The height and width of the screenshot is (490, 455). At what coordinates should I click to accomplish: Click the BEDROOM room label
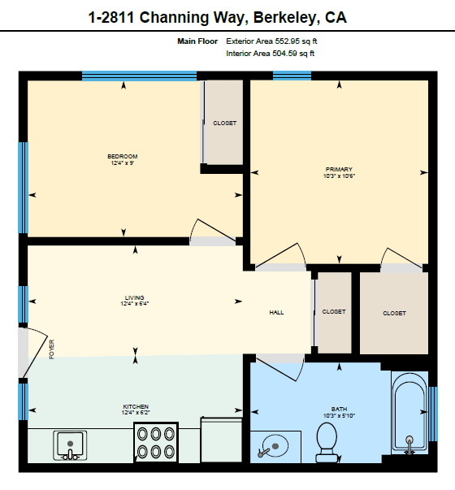(123, 156)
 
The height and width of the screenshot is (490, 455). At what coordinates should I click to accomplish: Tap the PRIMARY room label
(339, 169)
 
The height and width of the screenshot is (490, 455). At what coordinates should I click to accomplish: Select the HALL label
(276, 312)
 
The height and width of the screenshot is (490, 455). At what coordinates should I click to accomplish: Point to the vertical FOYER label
(52, 349)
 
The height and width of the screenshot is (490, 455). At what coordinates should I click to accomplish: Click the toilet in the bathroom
(327, 442)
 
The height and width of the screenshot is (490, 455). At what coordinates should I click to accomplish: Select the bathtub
(409, 413)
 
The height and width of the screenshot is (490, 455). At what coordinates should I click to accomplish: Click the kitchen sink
(70, 445)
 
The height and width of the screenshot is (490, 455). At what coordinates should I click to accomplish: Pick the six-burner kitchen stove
(156, 443)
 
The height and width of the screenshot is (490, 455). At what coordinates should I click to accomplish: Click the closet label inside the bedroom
(225, 124)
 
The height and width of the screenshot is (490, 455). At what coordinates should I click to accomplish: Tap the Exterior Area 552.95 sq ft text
(271, 41)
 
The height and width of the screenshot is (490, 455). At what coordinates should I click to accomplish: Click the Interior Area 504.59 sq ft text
(271, 54)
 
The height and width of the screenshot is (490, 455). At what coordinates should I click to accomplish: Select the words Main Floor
(197, 41)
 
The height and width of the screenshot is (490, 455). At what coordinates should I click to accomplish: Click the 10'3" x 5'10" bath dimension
(339, 415)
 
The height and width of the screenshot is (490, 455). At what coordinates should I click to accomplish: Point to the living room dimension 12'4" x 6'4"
(135, 303)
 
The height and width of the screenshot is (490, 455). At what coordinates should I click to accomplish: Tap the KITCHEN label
(136, 406)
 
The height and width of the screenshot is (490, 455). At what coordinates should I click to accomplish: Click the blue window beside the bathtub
(433, 414)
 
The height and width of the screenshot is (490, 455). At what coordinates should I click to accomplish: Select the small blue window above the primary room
(292, 76)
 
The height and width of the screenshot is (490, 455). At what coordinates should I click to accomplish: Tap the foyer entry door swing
(35, 351)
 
